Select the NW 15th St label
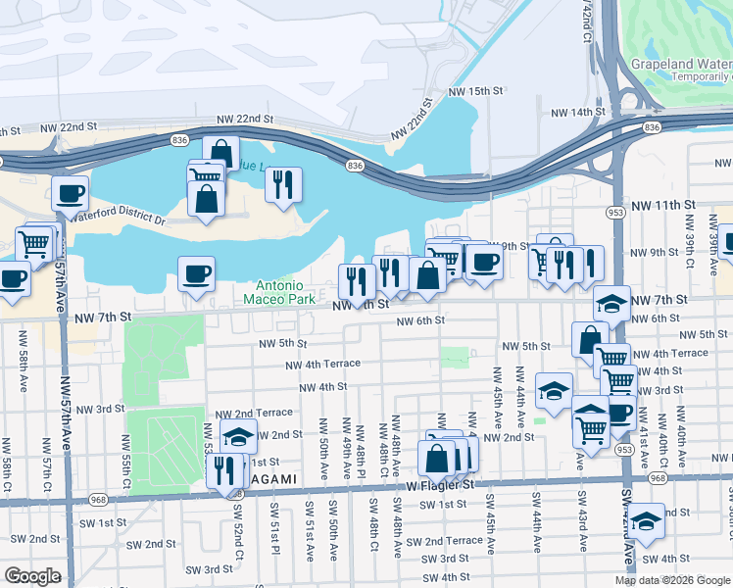(x=475, y=90)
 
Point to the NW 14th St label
(x=574, y=113)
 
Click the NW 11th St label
(x=661, y=205)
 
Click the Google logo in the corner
(x=32, y=576)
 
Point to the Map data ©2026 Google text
(x=672, y=580)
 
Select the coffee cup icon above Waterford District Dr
(x=70, y=193)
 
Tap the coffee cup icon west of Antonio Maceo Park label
(x=196, y=273)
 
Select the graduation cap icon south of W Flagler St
(x=646, y=519)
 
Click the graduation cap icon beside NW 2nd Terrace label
(x=238, y=436)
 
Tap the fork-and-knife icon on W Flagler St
(x=224, y=470)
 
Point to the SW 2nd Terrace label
(x=444, y=541)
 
